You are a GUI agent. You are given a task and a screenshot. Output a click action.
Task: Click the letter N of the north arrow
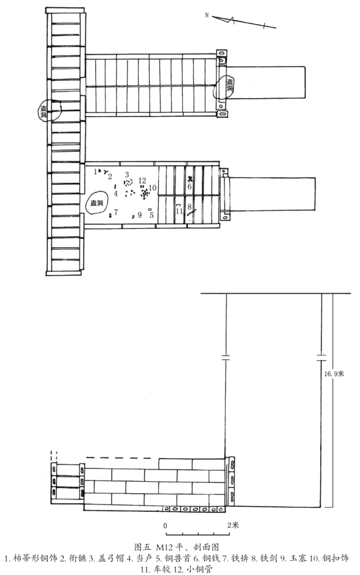[x=207, y=15]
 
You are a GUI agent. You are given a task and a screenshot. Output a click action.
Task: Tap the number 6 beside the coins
[x=190, y=187]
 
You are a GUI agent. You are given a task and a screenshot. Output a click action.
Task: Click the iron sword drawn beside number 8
[x=191, y=212]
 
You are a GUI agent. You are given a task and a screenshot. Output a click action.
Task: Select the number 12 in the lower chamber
[x=142, y=180]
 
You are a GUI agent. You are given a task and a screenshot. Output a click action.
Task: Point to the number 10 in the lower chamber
[x=153, y=188]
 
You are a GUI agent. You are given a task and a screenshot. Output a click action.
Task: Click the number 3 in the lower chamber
[x=127, y=174]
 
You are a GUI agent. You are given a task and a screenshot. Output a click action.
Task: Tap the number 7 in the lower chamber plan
[x=116, y=212]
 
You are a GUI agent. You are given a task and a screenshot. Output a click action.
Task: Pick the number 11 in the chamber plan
[x=179, y=211]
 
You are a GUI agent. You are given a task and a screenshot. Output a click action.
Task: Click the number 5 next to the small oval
[x=140, y=215]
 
